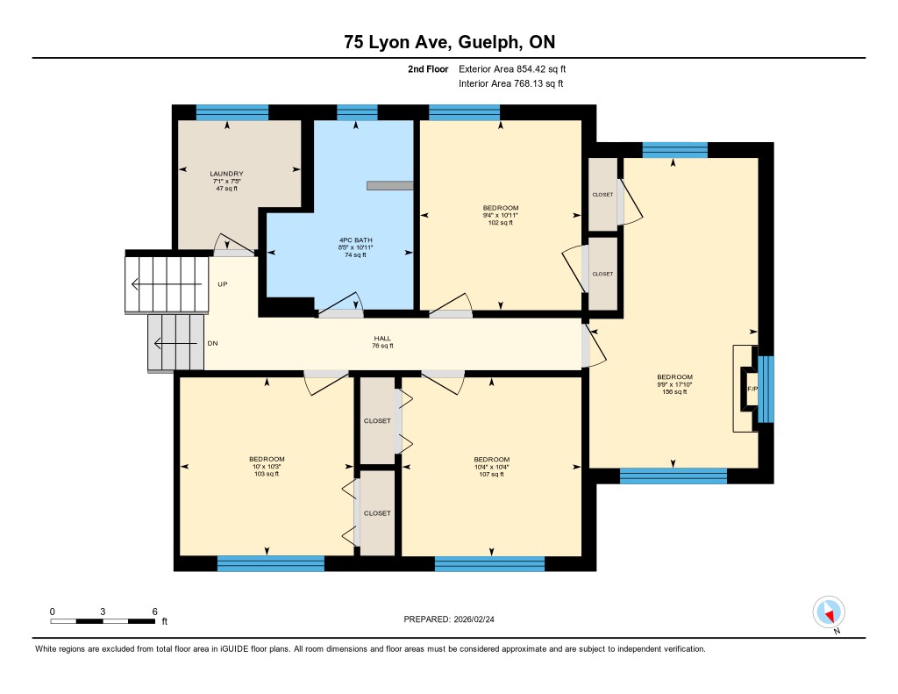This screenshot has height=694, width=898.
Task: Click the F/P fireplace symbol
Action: pyautogui.click(x=752, y=390)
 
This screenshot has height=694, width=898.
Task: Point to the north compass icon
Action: pyautogui.click(x=829, y=612)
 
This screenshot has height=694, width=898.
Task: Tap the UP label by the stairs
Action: pyautogui.click(x=222, y=284)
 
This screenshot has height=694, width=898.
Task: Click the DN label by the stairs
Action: pyautogui.click(x=212, y=343)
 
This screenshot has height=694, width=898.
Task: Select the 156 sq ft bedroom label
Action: pyautogui.click(x=674, y=384)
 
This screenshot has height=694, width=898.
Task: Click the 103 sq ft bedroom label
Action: pyautogui.click(x=267, y=467)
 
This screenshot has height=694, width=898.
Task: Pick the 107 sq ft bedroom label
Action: pyautogui.click(x=491, y=467)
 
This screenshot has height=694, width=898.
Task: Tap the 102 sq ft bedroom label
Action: pyautogui.click(x=501, y=215)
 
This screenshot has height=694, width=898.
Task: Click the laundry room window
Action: pyautogui.click(x=232, y=112)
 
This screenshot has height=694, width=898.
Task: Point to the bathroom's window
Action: pyautogui.click(x=357, y=112)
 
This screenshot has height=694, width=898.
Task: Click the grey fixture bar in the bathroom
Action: pyautogui.click(x=390, y=186)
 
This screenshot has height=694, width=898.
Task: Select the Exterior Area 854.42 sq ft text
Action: pyautogui.click(x=512, y=68)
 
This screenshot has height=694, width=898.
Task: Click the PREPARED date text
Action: pyautogui.click(x=449, y=619)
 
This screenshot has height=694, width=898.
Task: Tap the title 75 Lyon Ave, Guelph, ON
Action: pyautogui.click(x=450, y=42)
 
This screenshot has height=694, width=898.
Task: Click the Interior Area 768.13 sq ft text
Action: pyautogui.click(x=511, y=83)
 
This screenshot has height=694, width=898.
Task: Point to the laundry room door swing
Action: pyautogui.click(x=234, y=245)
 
